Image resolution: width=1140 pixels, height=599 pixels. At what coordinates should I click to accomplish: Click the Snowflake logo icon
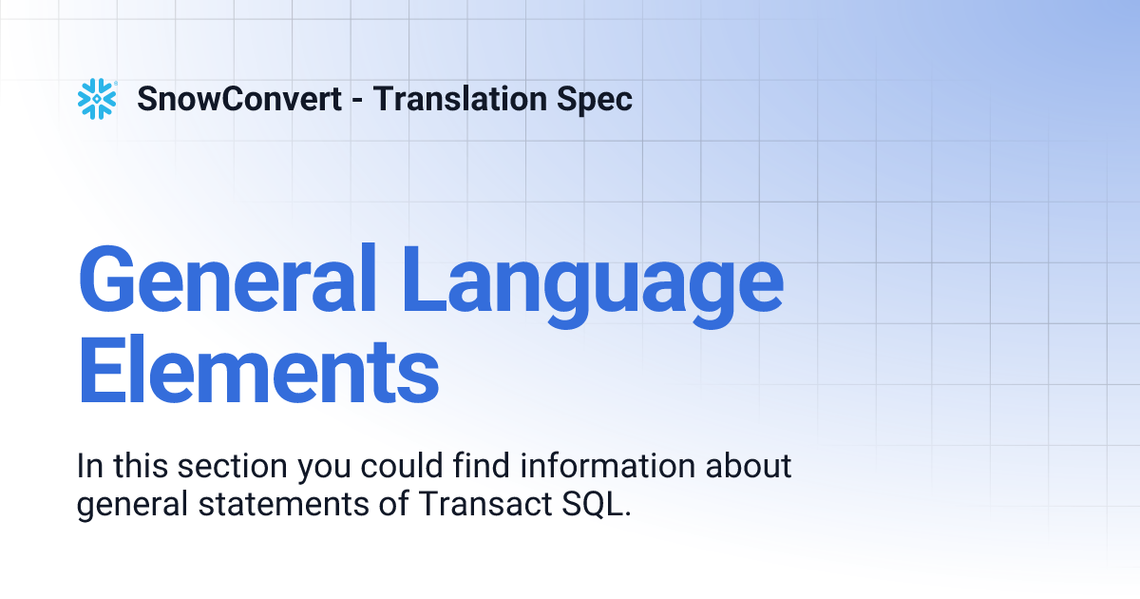[x=97, y=99]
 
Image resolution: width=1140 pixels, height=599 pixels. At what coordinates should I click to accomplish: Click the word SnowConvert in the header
[x=239, y=99]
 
